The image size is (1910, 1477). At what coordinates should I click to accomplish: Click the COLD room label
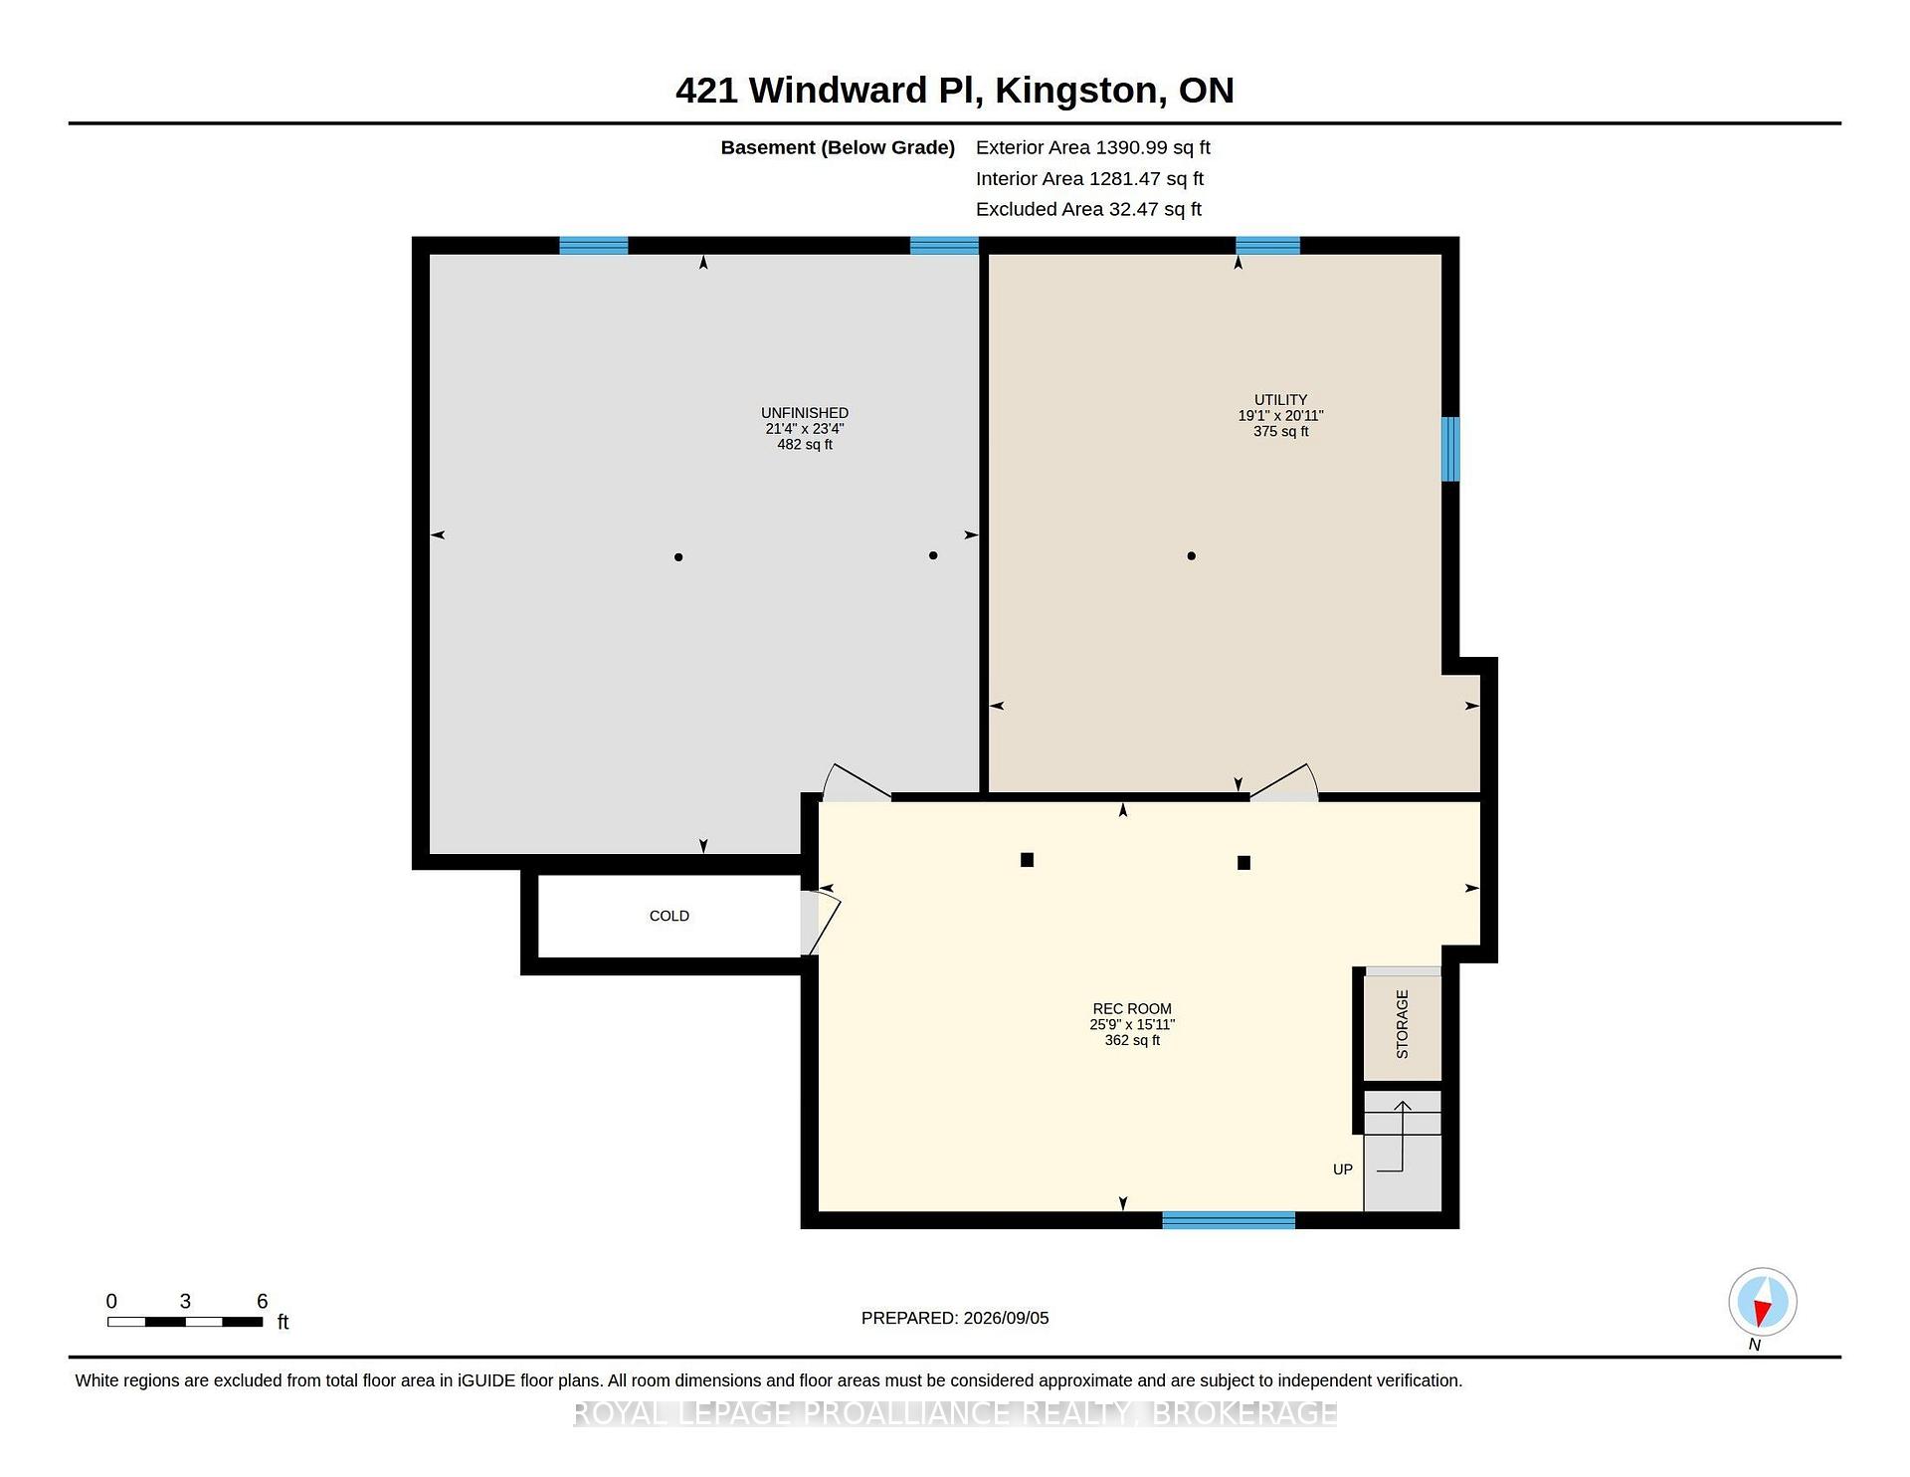pos(668,916)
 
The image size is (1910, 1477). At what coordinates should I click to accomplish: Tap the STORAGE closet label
pos(1403,1024)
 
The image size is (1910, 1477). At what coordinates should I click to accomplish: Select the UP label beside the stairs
pos(1343,1169)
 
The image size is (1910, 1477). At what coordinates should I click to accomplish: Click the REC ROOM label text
pos(1132,1008)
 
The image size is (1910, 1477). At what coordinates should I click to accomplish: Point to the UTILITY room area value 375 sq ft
pos(1281,431)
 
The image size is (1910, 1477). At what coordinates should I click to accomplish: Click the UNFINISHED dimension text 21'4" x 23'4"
pos(805,429)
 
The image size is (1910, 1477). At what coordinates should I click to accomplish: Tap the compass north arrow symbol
pos(1762,1302)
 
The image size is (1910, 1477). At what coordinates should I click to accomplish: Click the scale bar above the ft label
pos(185,1322)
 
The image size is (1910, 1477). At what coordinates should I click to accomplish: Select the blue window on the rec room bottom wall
pos(1229,1220)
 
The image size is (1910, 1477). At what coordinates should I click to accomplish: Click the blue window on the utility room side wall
pos(1451,449)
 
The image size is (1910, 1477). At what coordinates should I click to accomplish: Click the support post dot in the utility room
pos(1191,555)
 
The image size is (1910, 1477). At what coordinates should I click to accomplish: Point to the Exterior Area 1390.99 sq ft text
pos(1092,147)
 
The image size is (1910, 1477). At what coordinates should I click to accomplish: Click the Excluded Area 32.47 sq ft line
pos(1088,209)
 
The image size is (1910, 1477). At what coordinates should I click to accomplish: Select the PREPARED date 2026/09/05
pos(1006,1318)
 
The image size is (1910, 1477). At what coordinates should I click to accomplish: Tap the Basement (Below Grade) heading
pos(838,147)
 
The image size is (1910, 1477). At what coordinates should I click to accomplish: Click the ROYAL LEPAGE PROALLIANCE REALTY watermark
pos(955,1413)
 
